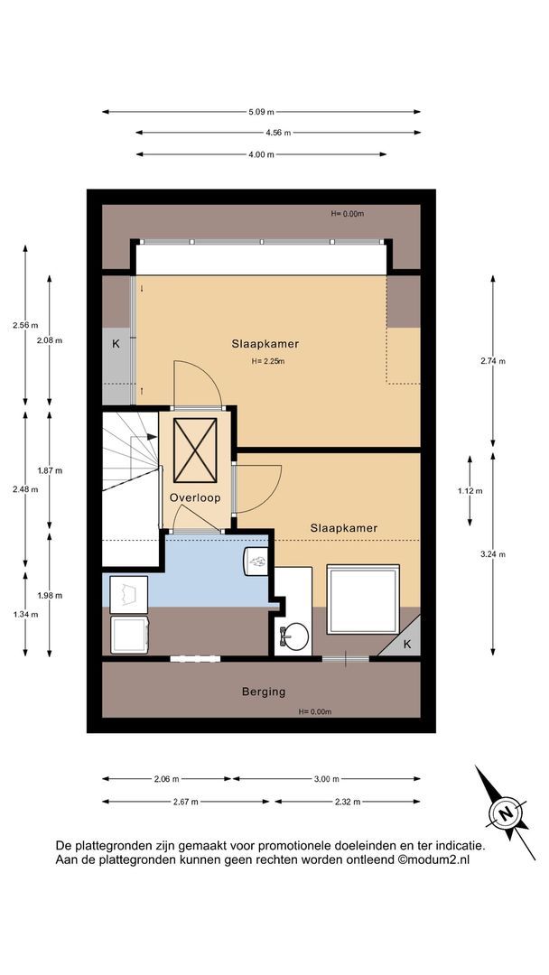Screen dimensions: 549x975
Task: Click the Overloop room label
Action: (x=195, y=497)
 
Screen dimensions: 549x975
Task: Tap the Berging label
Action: (x=264, y=692)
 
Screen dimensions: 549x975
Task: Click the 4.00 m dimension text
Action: (x=261, y=154)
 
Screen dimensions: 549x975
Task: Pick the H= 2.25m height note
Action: (x=268, y=360)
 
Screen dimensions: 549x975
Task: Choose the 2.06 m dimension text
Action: (x=167, y=778)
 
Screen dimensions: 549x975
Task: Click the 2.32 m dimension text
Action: (x=348, y=802)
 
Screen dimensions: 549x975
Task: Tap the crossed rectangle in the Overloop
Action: (x=195, y=450)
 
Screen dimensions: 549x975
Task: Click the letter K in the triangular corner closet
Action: (x=407, y=645)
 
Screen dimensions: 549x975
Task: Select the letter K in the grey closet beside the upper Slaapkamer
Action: (x=116, y=343)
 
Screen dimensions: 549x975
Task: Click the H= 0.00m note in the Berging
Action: (x=314, y=712)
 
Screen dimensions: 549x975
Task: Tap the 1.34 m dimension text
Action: (x=25, y=615)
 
